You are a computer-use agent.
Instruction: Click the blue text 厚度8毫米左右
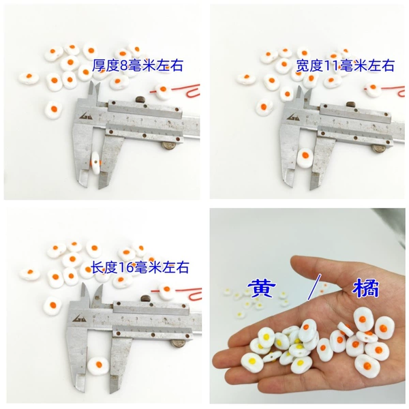tap(138, 65)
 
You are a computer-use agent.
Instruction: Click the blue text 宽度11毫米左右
tap(345, 65)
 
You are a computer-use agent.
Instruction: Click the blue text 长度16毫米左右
tap(140, 267)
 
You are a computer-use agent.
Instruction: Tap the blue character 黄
tap(261, 289)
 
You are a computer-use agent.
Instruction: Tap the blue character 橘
tap(365, 289)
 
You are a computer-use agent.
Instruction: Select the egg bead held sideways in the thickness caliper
tap(95, 162)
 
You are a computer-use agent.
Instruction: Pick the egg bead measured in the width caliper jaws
tap(305, 157)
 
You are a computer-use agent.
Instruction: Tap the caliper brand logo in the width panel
tap(293, 116)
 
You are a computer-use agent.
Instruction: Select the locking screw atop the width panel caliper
tap(351, 104)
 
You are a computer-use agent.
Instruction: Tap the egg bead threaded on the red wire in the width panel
tap(372, 88)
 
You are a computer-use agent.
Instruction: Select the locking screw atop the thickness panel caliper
tap(140, 100)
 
